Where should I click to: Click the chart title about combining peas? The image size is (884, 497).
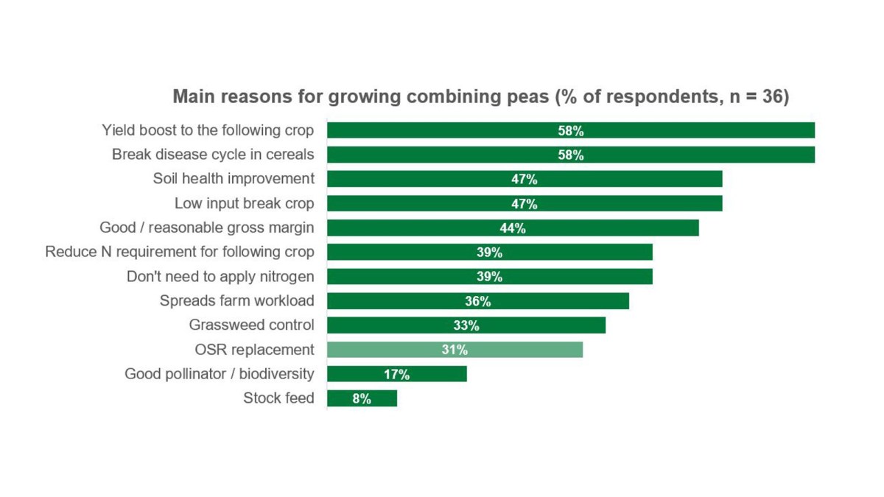[480, 96]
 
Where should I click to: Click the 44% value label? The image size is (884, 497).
[512, 228]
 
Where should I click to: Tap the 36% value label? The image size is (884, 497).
[477, 301]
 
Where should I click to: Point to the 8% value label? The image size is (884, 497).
[362, 399]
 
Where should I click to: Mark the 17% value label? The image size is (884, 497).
[396, 375]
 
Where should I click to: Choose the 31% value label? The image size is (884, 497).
[455, 350]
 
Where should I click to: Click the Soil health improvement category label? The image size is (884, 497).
[234, 179]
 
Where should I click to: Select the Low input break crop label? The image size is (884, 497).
[245, 203]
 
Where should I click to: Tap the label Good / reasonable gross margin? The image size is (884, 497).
[207, 228]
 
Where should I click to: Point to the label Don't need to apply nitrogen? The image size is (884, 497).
[220, 276]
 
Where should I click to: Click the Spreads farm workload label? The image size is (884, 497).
[237, 300]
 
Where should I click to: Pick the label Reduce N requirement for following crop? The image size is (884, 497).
[180, 252]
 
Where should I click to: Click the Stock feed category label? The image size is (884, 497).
[278, 398]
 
